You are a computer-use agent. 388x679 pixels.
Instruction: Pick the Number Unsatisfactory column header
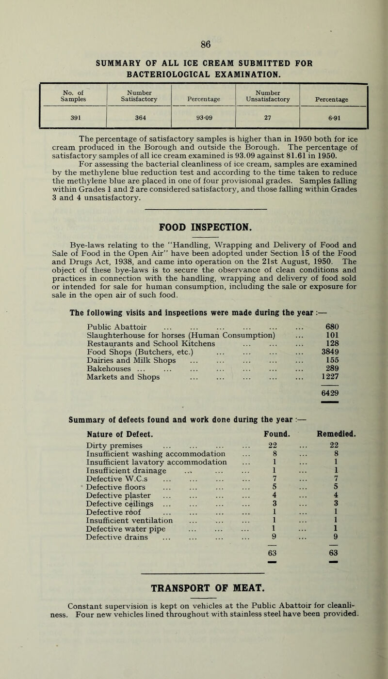pos(268,96)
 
